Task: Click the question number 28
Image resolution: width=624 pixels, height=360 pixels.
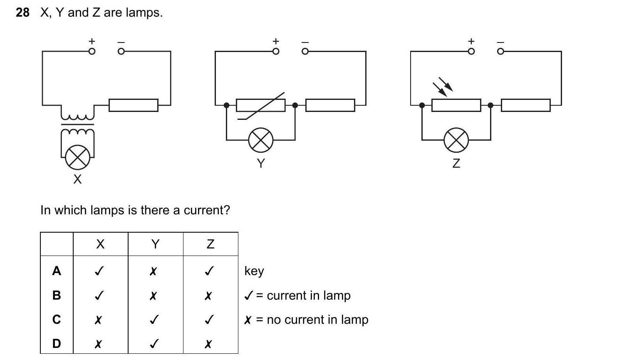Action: pos(22,12)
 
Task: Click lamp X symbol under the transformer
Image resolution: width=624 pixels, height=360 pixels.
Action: pos(77,157)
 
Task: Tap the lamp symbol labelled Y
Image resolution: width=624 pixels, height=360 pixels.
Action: pos(261,140)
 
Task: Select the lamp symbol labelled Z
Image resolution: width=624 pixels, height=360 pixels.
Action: pos(456,140)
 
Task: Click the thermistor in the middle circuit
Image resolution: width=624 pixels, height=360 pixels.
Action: pos(261,105)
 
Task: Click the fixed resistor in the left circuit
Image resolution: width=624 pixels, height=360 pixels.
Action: pos(134,105)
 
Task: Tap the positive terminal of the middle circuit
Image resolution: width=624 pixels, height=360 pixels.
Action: pos(275,51)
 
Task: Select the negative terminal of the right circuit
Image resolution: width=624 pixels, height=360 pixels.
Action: pos(500,51)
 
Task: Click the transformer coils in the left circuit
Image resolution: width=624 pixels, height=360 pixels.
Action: pos(78,124)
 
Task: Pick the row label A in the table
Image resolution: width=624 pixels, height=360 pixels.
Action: pos(57,271)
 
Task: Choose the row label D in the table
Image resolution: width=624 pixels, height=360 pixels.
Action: pos(57,344)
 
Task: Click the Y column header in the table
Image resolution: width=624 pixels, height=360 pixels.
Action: pos(155,244)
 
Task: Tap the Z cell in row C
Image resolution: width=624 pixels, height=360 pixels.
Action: pos(210,320)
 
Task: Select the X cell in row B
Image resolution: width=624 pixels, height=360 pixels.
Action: pos(99,295)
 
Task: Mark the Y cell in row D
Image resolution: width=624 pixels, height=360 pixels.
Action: pos(154,344)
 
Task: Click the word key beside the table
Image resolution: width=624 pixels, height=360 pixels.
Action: pos(254,271)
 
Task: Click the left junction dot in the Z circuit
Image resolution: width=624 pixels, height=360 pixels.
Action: pos(422,105)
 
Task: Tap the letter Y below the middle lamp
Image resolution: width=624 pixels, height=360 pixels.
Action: pos(261,163)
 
